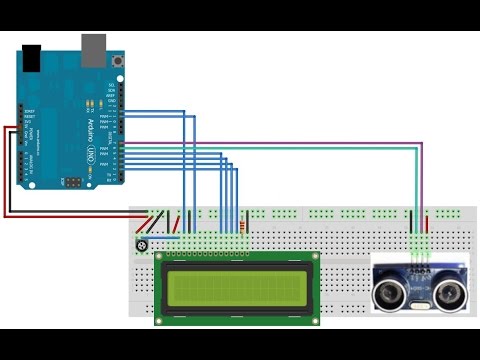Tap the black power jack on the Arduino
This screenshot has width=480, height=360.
pos(32,59)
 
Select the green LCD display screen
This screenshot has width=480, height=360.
pos(237,287)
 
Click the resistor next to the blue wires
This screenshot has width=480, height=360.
pos(245,229)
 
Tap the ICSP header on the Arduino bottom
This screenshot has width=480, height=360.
pos(74,181)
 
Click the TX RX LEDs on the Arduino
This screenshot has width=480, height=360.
pos(91,103)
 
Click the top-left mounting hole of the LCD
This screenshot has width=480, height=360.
pos(160,257)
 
